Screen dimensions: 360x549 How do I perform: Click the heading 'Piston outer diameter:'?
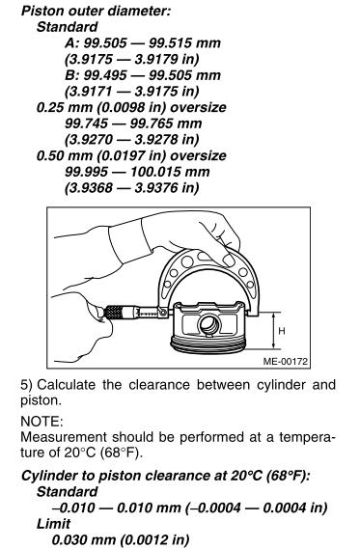coord(96,12)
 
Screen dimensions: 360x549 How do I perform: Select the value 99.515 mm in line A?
coord(185,43)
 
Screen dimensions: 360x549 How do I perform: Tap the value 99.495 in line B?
coord(105,75)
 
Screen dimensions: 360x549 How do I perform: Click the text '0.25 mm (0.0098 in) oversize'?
coord(131,107)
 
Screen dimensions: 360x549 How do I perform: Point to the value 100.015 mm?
coord(170,172)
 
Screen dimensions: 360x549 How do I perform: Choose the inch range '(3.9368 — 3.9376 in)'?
coord(132,188)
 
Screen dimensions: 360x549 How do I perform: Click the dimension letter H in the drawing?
coord(282,331)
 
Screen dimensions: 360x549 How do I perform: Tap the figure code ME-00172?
coord(286,361)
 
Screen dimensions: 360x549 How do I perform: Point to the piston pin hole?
coord(209,325)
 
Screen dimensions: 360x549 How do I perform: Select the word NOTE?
coord(42,422)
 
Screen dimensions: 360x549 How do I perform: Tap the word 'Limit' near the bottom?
coord(54,524)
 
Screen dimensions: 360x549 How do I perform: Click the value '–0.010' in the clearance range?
coord(73,508)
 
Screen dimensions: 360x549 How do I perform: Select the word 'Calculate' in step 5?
coord(67,385)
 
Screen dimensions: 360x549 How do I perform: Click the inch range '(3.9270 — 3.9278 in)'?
coord(132,140)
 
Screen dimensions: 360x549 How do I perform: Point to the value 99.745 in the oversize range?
coord(87,124)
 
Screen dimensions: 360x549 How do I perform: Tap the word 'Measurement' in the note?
coord(64,437)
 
